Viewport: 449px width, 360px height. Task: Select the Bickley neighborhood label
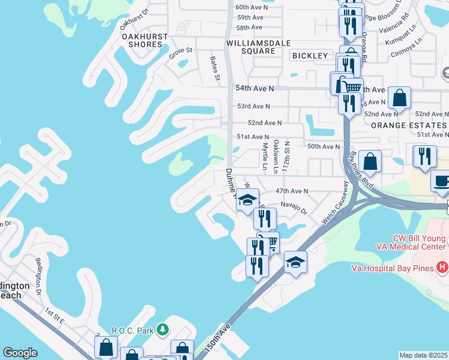coord(310,56)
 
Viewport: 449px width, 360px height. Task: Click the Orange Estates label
coord(408,125)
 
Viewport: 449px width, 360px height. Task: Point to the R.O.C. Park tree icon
coord(161,329)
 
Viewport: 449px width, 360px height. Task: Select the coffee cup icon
coord(442,182)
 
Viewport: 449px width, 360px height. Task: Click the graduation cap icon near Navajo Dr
coord(247,200)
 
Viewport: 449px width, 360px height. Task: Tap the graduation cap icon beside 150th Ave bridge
coord(295,263)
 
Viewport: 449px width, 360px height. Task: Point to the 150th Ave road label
coord(217,338)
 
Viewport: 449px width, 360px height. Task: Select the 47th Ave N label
coord(291,191)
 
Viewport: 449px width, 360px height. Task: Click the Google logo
coord(20,353)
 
